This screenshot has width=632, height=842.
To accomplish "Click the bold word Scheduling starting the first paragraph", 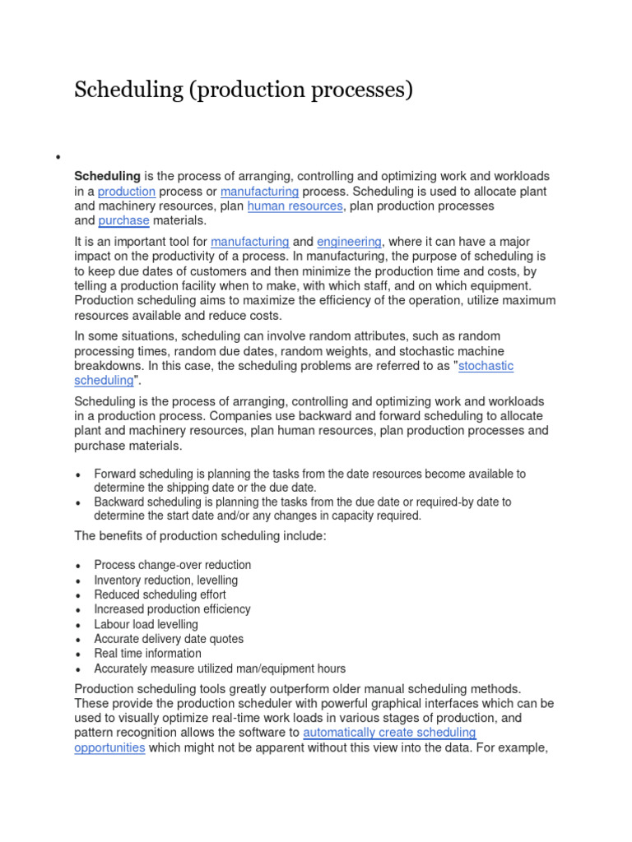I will point(107,177).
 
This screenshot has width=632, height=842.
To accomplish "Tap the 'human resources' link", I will point(295,206).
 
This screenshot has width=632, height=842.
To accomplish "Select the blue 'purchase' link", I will point(123,221).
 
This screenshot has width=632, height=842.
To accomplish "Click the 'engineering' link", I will point(349,242).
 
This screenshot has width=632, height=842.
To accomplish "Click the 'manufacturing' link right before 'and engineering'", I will point(249,242).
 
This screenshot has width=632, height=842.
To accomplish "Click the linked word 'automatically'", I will point(346,733).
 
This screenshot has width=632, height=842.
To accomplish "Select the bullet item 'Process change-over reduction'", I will point(172,565).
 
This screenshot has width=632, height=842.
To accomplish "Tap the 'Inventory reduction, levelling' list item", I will point(165,580).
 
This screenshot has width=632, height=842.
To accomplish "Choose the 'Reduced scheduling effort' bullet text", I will point(160,594).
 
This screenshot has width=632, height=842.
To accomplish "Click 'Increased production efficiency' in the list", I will point(172,609).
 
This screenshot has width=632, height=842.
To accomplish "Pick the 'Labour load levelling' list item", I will point(146,624).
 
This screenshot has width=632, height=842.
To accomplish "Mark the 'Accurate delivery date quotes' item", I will point(169,639).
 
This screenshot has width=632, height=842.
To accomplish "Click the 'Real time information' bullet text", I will point(147,654).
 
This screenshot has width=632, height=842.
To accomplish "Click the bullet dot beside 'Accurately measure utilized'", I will point(77,669).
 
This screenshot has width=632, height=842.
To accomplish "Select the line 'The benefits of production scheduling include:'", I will point(200,536).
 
